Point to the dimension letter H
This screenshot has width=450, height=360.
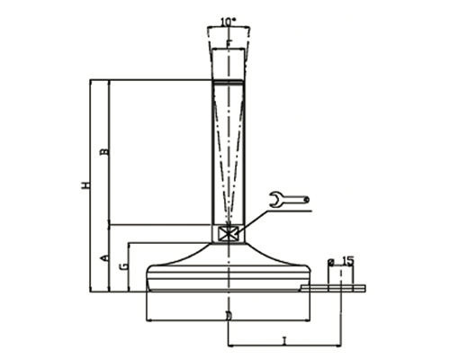[x=85, y=186]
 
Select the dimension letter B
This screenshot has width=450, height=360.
[x=103, y=153]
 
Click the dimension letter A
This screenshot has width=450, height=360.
[x=103, y=258]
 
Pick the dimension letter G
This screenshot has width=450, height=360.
[x=122, y=266]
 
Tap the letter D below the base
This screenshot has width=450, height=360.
[x=229, y=316]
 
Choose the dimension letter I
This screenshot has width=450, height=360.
[x=283, y=340]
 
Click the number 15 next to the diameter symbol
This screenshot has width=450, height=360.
[x=348, y=261]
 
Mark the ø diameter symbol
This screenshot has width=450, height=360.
[x=331, y=262]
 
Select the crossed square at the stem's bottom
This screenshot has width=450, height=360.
[x=229, y=233]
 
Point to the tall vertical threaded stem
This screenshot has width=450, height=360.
[x=229, y=153]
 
